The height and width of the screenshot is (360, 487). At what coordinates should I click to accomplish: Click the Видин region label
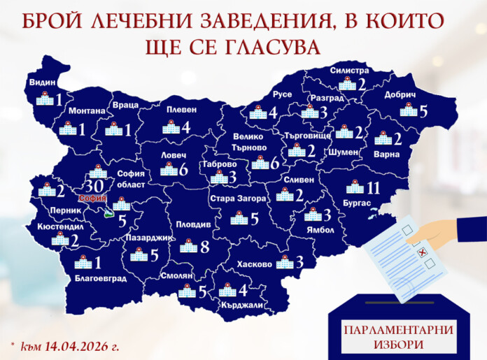(x=41, y=82)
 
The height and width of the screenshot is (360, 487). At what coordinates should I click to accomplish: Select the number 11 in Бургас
(x=372, y=187)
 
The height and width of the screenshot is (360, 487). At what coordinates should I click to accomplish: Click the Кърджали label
(x=240, y=304)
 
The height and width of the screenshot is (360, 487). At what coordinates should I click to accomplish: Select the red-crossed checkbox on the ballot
(x=421, y=252)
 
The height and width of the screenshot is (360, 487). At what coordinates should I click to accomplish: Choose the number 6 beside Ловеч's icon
(x=183, y=169)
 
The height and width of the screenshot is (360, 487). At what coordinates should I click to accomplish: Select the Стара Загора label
(x=237, y=199)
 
